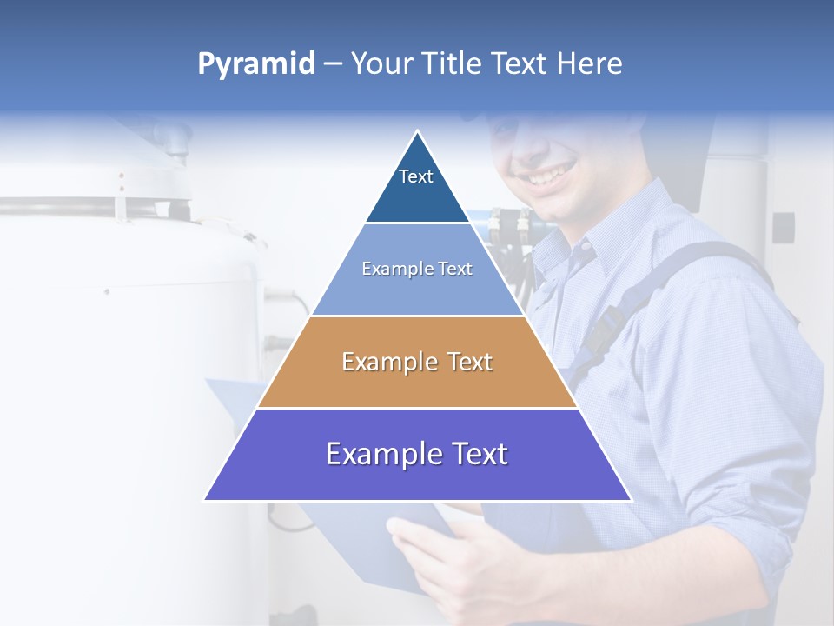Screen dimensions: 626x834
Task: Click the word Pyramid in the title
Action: [x=255, y=64]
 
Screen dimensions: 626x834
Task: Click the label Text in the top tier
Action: [x=416, y=176]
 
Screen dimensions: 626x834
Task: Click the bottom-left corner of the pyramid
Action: [x=205, y=500]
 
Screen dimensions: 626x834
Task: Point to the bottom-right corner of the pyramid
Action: [x=631, y=500]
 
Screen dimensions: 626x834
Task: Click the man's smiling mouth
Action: [x=546, y=176]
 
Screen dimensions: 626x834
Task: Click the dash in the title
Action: [x=333, y=64]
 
